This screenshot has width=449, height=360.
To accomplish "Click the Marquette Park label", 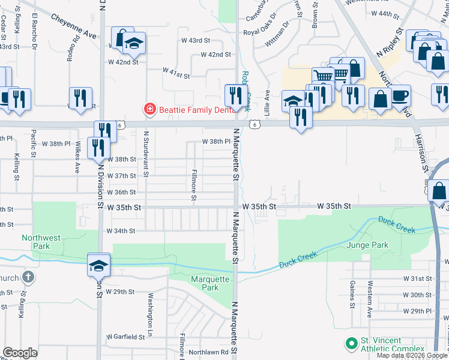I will click(x=210, y=283).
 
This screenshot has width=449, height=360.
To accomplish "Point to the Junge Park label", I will click(x=367, y=245).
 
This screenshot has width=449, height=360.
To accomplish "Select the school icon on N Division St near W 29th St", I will click(x=99, y=264).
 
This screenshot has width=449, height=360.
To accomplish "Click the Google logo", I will click(x=20, y=353).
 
